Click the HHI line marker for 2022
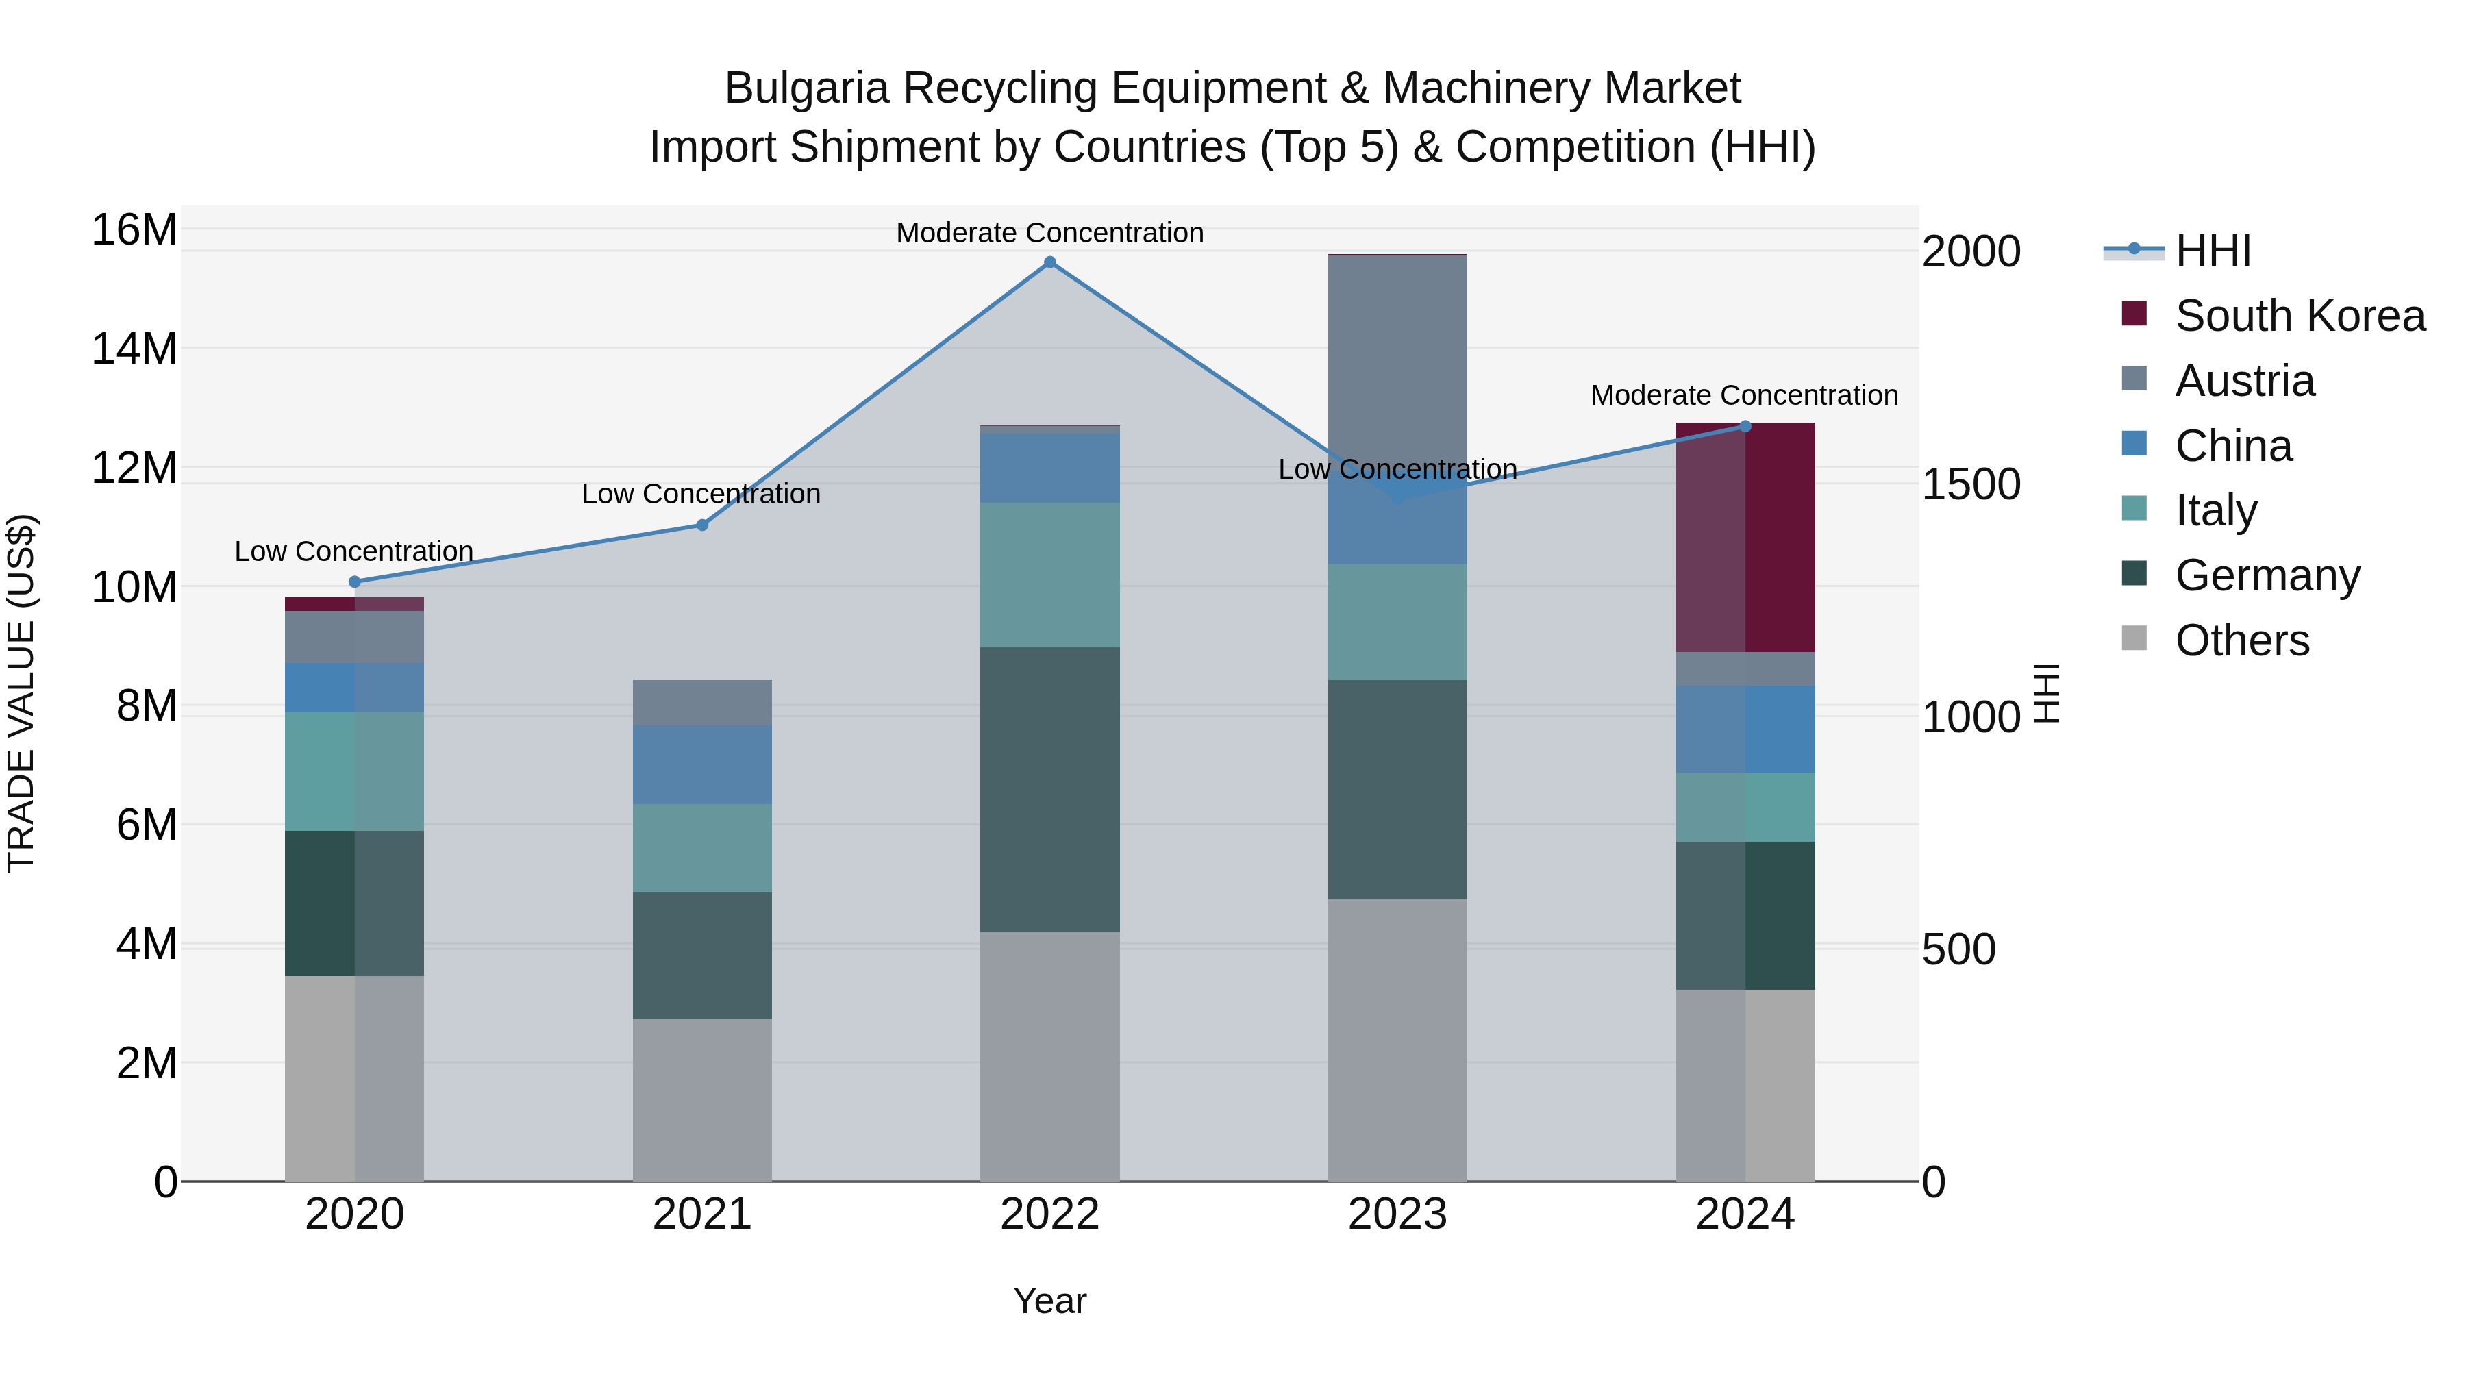click(1049, 262)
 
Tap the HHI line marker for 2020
click(354, 582)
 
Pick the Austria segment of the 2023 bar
click(1397, 364)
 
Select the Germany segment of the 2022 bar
click(1049, 790)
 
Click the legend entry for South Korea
click(2300, 316)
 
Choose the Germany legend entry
click(2267, 575)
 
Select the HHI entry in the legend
click(2213, 251)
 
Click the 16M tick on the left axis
click(134, 231)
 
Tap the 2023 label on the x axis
click(1397, 1214)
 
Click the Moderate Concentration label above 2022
click(1049, 233)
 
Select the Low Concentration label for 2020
click(353, 551)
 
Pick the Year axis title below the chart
click(1049, 1301)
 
